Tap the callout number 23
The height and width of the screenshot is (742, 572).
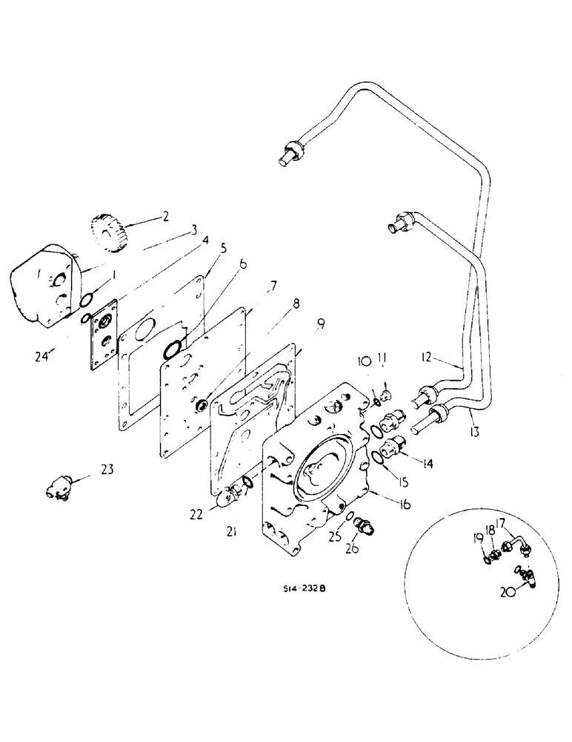point(107,468)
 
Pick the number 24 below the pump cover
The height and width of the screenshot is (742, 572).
point(44,356)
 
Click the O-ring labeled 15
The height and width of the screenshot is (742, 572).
point(378,461)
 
